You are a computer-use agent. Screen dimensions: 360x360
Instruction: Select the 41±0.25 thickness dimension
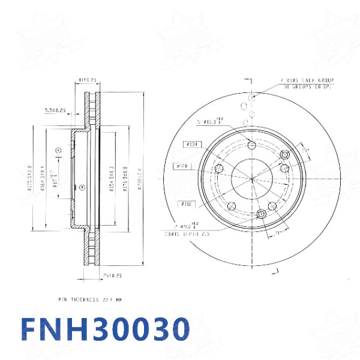pos(88,79)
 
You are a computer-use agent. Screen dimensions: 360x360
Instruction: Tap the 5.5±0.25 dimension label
pos(55,110)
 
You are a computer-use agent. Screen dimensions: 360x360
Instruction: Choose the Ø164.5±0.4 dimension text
pos(43,179)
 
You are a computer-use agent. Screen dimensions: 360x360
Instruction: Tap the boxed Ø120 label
pos(182,165)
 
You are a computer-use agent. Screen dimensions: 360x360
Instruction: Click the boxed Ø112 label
pos(187,204)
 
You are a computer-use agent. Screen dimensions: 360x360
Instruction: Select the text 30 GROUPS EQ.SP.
pos(308,87)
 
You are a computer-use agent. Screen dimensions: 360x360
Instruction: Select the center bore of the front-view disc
pos(252,179)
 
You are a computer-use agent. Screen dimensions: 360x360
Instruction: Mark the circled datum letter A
pos(58,149)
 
